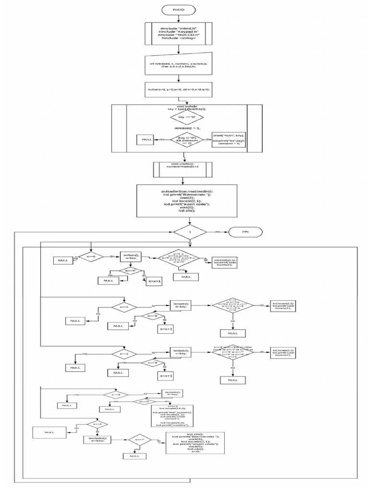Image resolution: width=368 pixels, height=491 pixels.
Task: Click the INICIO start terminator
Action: (184, 9)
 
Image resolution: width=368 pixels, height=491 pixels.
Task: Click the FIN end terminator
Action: (245, 232)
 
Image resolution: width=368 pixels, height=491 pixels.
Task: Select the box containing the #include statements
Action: (184, 34)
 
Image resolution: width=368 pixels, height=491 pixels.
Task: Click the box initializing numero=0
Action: (184, 90)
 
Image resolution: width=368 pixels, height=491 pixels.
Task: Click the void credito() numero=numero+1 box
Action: (184, 169)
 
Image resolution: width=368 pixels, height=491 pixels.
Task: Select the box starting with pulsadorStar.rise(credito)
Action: (184, 200)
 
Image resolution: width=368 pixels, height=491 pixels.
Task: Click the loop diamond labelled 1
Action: (190, 232)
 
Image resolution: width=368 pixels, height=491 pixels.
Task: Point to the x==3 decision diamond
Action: (115, 395)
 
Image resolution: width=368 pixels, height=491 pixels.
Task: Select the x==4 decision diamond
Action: (97, 424)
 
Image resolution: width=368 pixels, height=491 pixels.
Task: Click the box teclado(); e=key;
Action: (97, 440)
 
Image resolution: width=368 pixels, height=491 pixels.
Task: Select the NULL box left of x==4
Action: (49, 432)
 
